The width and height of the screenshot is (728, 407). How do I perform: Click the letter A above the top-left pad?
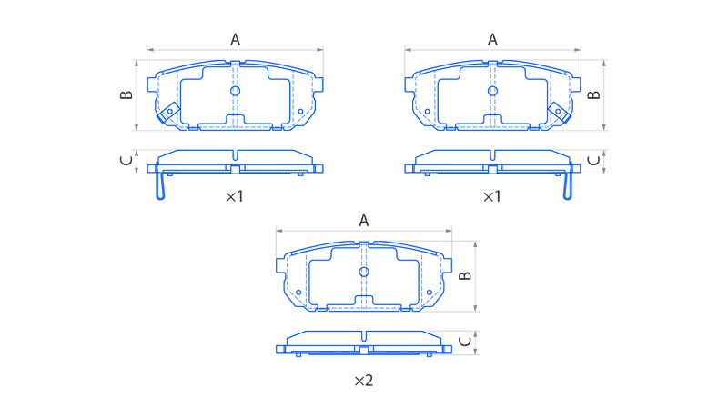coord(236,40)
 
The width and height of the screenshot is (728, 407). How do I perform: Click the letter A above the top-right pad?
coord(492,40)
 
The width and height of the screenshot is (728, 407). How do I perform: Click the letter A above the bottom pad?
coord(364,221)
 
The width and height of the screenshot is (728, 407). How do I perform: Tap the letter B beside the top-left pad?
coord(126,95)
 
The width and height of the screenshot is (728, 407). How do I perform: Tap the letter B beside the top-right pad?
coord(594,95)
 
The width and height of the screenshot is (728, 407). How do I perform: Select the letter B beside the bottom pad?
coord(465,276)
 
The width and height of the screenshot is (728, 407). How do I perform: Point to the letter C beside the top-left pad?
coord(126,161)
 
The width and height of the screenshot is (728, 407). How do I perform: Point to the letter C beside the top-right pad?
coord(594,161)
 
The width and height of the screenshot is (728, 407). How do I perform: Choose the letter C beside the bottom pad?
coord(465,342)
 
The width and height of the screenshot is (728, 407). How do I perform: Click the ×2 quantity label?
coord(364,381)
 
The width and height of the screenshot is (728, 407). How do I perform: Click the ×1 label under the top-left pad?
coord(235,196)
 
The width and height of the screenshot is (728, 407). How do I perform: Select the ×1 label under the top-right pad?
coord(492,196)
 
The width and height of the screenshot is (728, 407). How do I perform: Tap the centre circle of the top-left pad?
coord(236,91)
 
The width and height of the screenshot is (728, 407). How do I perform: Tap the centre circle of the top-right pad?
coord(492,91)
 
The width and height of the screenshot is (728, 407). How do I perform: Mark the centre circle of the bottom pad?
coord(364,272)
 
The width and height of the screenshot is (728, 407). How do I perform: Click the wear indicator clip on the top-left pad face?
coord(168,113)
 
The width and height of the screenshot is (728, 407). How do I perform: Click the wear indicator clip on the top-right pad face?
coord(560,113)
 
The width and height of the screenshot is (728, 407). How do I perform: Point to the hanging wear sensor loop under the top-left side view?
coord(160,185)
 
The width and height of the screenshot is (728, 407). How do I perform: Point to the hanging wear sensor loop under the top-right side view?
coord(567,185)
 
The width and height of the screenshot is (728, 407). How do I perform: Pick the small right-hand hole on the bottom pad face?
coord(430,293)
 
